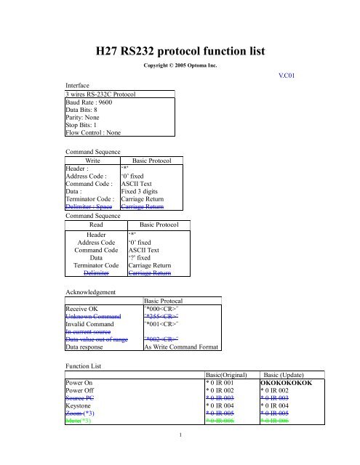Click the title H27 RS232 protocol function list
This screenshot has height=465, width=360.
(x=180, y=51)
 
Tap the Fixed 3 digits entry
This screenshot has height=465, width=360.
(x=143, y=190)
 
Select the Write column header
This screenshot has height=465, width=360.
(x=92, y=161)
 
